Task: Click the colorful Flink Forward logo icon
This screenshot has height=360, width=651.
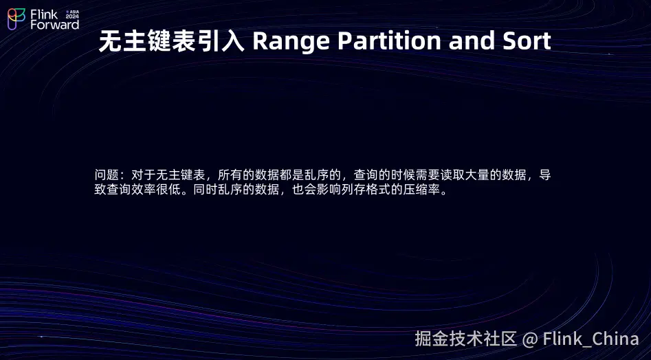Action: pos(16,19)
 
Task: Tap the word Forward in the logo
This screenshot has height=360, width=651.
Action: pos(54,25)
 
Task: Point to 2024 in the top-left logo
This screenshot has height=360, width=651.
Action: pos(72,16)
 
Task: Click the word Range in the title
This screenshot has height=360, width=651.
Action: pos(291,41)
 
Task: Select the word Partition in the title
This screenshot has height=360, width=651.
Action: pos(389,41)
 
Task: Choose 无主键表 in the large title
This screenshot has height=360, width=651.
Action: pos(147,41)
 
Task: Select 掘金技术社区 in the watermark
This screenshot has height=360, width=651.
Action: pos(466,339)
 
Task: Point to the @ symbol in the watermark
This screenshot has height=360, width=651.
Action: pos(530,339)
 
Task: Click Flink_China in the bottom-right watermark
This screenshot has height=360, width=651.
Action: pos(591,339)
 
